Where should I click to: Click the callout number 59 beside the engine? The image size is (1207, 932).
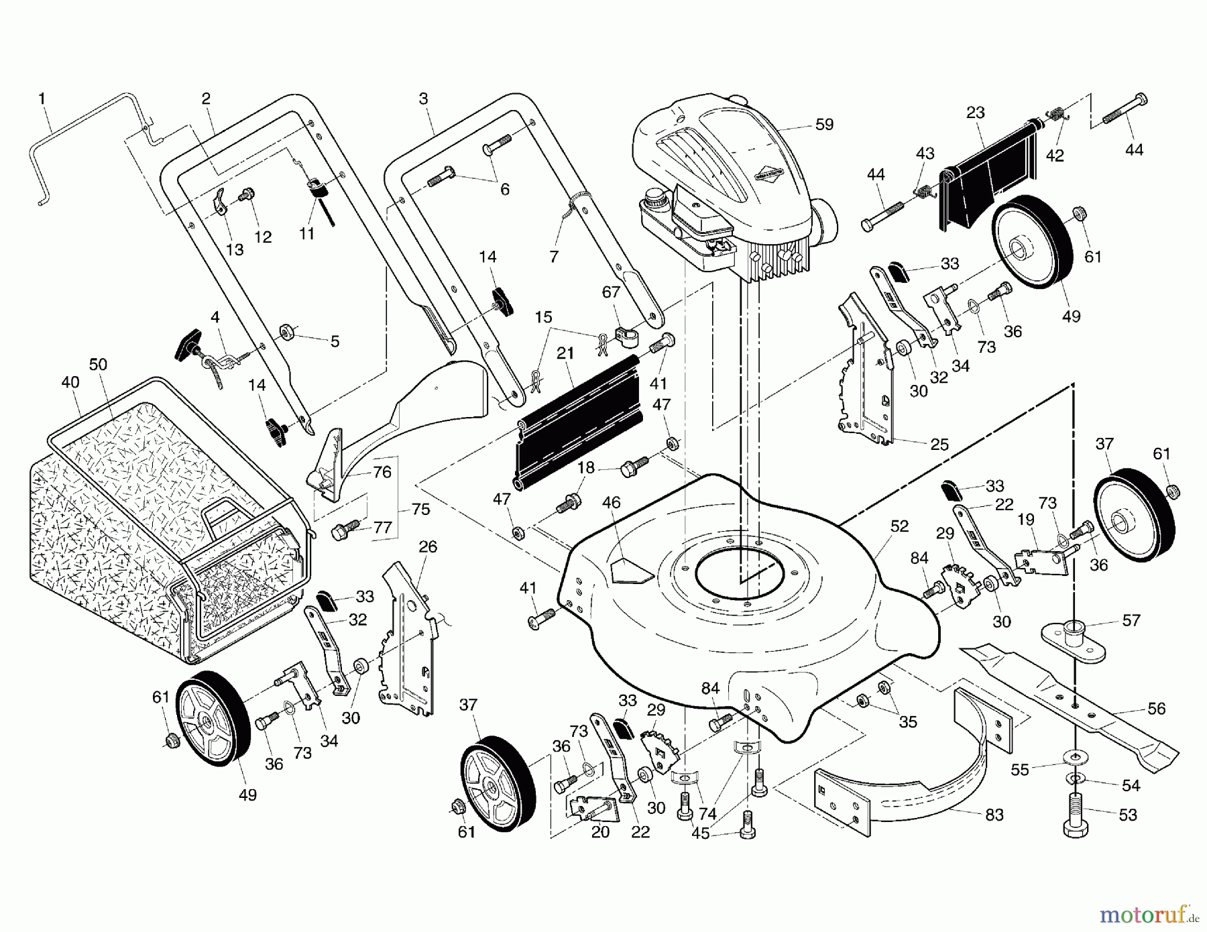coord(824,125)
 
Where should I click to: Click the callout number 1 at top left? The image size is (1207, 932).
coord(42,99)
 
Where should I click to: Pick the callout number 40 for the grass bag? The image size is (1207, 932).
coord(70,382)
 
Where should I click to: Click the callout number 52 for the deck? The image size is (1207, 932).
coord(899,526)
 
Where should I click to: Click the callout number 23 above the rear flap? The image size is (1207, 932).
coord(976,113)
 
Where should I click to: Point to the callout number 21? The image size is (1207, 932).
coord(565,353)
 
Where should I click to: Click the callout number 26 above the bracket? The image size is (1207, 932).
coord(428,546)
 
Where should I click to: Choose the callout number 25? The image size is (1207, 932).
coord(939,444)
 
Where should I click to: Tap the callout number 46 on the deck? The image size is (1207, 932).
coord(612,502)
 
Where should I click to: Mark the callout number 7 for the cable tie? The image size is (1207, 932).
coord(553,256)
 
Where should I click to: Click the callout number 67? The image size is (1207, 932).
coord(611,292)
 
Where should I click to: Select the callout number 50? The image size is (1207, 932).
coord(98,365)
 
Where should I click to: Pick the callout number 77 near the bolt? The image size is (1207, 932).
coord(382,528)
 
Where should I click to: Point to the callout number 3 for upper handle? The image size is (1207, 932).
coord(423,99)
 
